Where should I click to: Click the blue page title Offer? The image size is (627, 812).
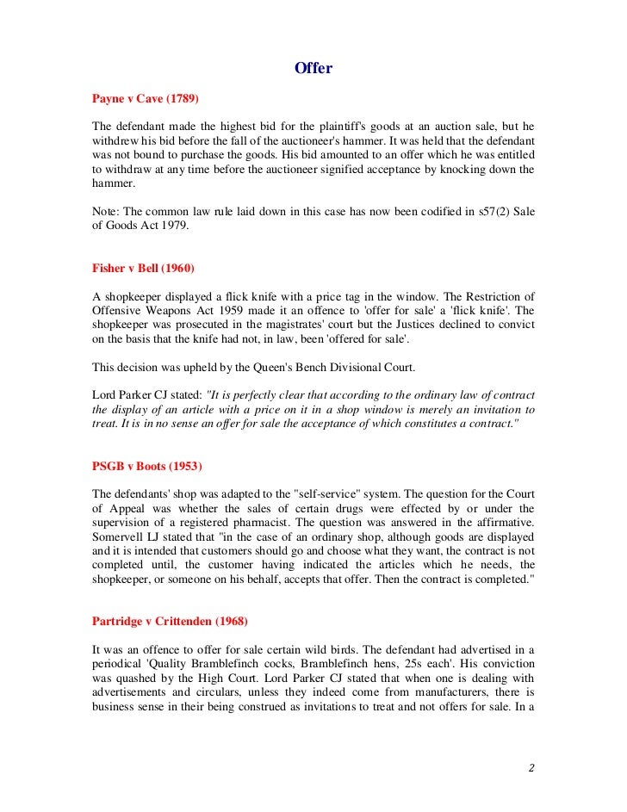click(313, 68)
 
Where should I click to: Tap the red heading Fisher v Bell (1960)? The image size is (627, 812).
click(143, 267)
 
